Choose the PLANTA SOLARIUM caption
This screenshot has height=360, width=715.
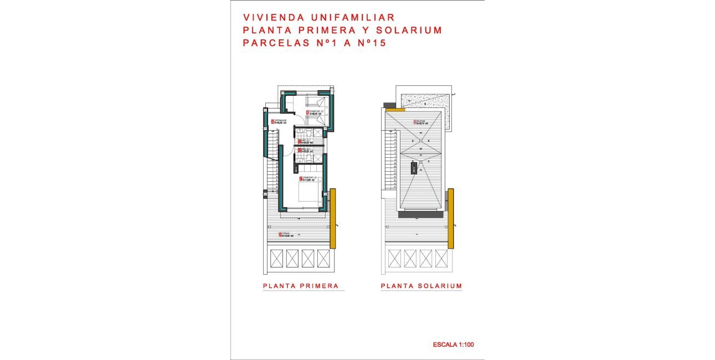421,286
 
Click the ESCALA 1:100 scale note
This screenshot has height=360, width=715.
453,345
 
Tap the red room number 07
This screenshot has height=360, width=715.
307,113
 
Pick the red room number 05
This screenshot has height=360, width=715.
272,121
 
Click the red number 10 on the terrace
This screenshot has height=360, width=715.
280,234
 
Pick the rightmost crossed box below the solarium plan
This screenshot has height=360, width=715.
441,258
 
